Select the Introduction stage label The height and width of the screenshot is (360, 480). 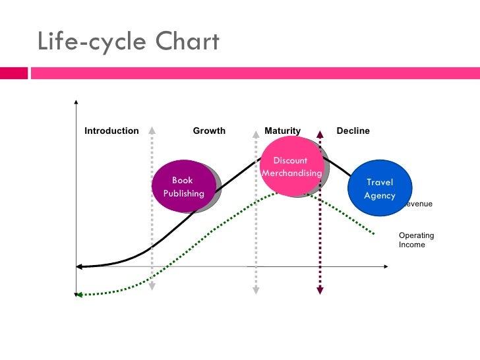pyautogui.click(x=111, y=131)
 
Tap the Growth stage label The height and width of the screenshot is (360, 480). pyautogui.click(x=209, y=131)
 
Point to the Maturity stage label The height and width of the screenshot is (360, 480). pyautogui.click(x=282, y=131)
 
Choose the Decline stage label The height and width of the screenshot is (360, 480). pyautogui.click(x=353, y=131)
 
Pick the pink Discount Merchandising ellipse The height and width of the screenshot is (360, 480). pyautogui.click(x=292, y=166)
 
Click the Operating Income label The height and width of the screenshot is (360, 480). pyautogui.click(x=416, y=240)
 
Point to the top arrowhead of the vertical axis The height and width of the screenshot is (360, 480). pyautogui.click(x=77, y=102)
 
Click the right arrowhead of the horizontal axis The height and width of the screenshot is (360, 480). pyautogui.click(x=386, y=266)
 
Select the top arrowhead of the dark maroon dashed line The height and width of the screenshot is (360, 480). pyautogui.click(x=320, y=134)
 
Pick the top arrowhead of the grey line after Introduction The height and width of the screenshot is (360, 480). pyautogui.click(x=152, y=129)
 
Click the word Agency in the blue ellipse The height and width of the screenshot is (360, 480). pyautogui.click(x=380, y=196)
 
